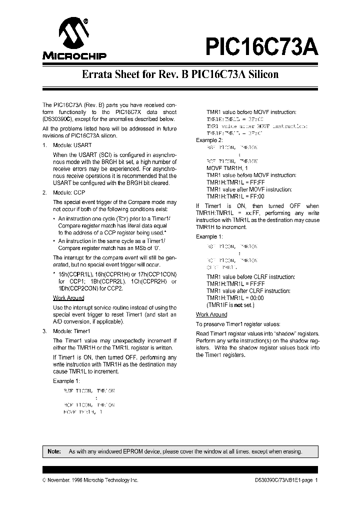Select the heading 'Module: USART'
(x=69, y=145)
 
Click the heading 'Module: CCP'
(x=68, y=192)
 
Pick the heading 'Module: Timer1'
(x=71, y=331)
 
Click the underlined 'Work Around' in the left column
(x=68, y=298)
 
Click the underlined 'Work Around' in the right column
(x=211, y=314)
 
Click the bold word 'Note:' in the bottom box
(x=53, y=451)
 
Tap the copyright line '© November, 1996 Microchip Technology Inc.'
(x=90, y=480)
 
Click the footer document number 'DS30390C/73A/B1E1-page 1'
(x=282, y=480)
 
